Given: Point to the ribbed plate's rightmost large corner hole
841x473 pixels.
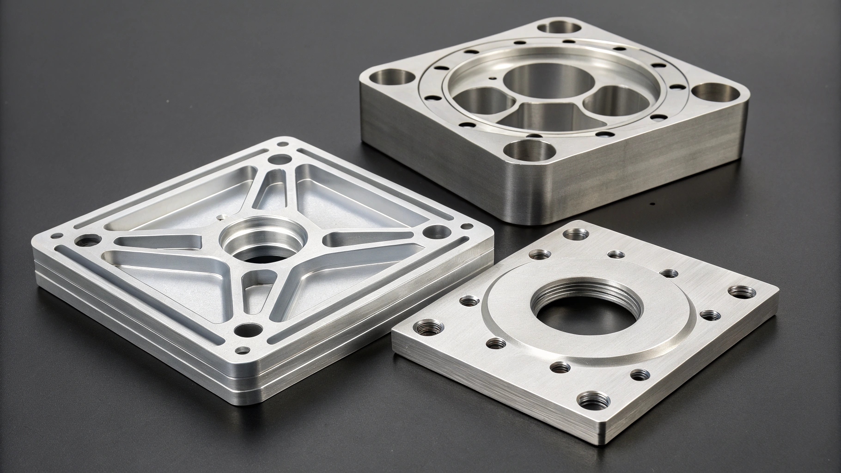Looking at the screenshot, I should pyautogui.click(x=436, y=230).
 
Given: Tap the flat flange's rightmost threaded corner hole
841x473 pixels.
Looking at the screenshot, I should pyautogui.click(x=744, y=291).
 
